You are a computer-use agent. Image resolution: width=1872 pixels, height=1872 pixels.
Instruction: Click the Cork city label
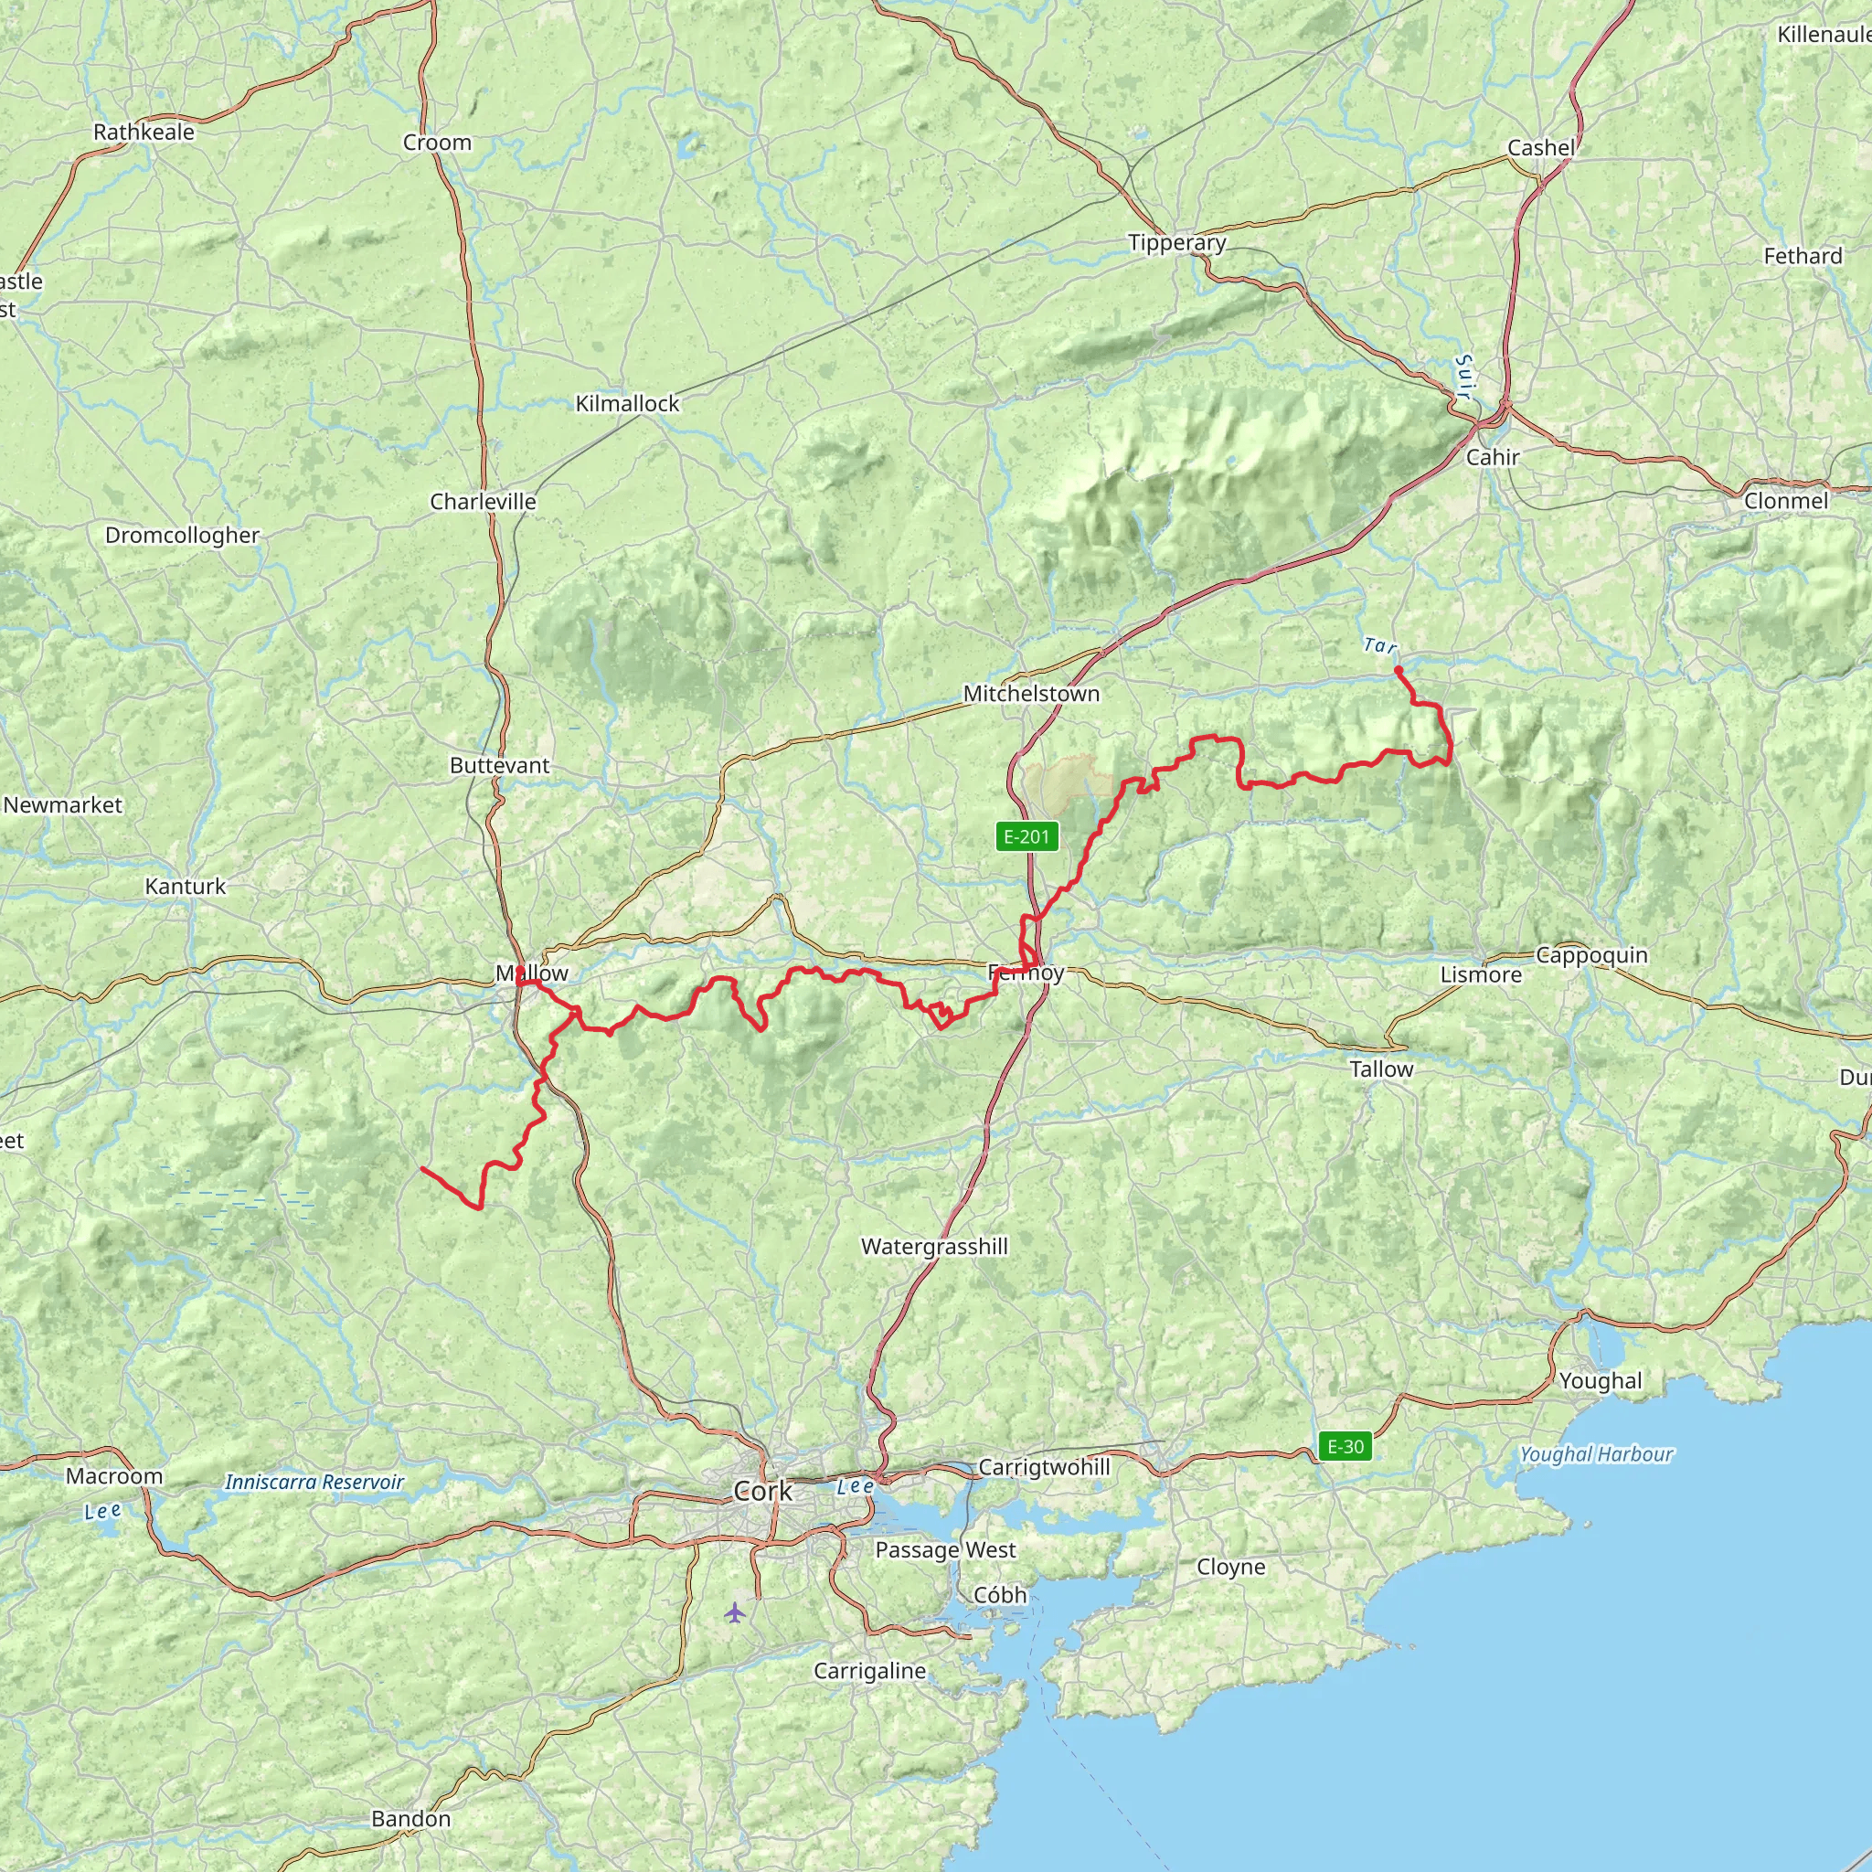click(x=762, y=1491)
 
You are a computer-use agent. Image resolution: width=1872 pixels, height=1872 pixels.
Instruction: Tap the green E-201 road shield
click(x=1027, y=836)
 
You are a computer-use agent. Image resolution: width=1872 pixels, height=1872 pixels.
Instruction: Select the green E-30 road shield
click(x=1345, y=1447)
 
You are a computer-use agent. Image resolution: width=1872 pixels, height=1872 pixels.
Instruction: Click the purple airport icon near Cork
click(x=736, y=1612)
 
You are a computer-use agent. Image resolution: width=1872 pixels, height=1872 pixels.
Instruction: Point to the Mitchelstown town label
click(x=1031, y=694)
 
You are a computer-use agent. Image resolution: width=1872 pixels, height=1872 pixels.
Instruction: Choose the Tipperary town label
click(x=1177, y=243)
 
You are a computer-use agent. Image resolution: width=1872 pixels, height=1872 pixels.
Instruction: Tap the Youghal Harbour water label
click(x=1596, y=1453)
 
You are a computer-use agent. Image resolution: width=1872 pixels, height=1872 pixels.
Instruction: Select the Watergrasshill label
click(x=934, y=1246)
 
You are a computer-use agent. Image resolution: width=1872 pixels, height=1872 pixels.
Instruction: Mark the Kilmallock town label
click(x=628, y=403)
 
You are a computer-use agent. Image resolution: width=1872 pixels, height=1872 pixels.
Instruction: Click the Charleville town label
click(x=483, y=502)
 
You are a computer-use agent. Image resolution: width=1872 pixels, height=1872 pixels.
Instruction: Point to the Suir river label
click(x=1464, y=378)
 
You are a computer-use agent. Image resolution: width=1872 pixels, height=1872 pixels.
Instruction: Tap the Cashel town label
click(x=1540, y=148)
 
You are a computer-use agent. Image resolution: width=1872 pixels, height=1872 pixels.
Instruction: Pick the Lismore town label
click(x=1481, y=974)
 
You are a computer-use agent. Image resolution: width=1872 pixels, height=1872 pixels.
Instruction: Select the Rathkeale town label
click(x=144, y=132)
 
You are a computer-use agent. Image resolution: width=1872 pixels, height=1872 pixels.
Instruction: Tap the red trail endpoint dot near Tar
click(x=1399, y=669)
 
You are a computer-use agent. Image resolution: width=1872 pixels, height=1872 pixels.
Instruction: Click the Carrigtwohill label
click(x=1044, y=1467)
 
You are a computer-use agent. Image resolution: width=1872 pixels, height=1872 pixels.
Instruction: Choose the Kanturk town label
click(x=185, y=886)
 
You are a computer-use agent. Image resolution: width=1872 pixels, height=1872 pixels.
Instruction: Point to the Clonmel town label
click(x=1786, y=501)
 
